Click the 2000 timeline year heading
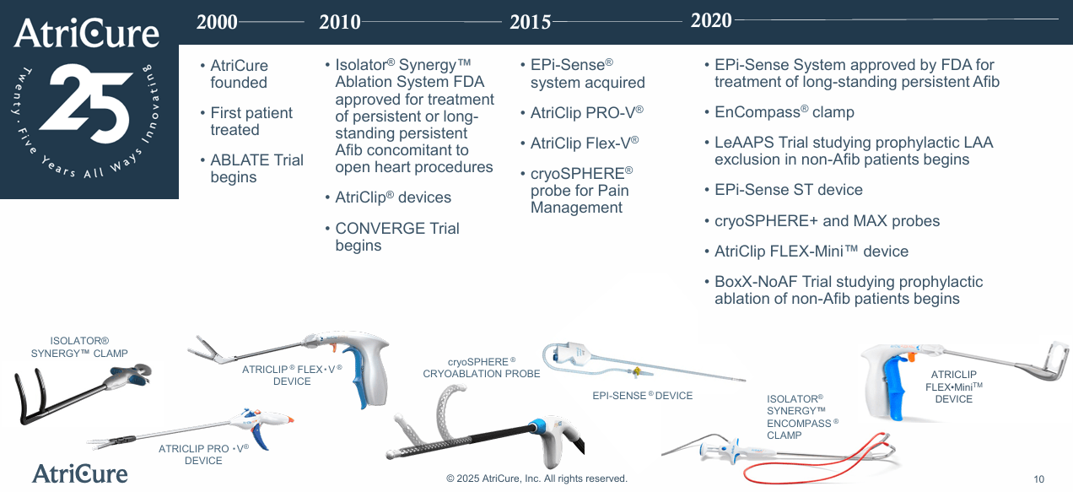[x=217, y=22]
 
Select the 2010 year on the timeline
[x=340, y=22]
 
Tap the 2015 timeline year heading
[x=530, y=22]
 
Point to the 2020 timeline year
[x=711, y=20]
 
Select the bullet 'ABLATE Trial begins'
[x=256, y=169]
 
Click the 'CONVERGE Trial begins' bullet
[x=396, y=237]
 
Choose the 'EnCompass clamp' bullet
[x=784, y=112]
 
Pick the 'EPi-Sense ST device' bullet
[x=788, y=190]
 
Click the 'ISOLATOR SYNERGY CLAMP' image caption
[x=79, y=348]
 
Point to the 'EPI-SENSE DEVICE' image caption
[x=642, y=396]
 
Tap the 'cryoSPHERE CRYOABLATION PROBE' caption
[x=482, y=368]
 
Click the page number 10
[x=1038, y=479]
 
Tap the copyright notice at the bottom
[x=536, y=478]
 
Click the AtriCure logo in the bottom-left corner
[x=80, y=473]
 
